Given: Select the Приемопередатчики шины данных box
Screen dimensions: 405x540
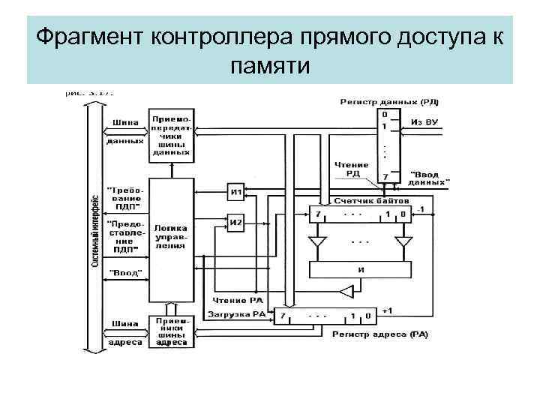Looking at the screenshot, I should [171, 136].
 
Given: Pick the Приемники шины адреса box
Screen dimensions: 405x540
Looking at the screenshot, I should [171, 330].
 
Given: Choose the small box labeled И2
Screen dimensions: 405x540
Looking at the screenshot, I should [236, 223].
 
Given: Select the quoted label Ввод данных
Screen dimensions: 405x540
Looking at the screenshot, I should [430, 177].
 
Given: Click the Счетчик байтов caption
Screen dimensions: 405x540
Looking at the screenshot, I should [372, 202].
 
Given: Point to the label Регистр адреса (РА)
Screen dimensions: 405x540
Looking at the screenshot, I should [379, 334].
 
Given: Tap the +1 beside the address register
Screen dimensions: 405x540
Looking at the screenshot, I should [388, 310].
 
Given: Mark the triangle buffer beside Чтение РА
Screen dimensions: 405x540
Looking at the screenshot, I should [346, 290].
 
